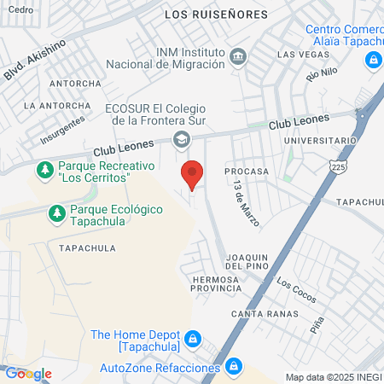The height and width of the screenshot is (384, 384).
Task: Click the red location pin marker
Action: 193,175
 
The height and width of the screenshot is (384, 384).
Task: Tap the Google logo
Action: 28,373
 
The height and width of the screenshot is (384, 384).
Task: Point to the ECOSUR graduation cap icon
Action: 181,139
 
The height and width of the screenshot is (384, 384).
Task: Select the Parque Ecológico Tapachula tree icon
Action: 57,212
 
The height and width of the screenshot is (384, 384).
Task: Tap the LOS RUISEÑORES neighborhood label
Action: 215,15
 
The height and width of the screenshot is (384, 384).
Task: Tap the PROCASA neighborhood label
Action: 247,171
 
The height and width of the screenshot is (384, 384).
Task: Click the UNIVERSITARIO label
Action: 320,139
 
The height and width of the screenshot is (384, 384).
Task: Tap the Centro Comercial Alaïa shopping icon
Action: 372,61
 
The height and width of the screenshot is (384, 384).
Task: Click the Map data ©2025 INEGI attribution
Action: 333,377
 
